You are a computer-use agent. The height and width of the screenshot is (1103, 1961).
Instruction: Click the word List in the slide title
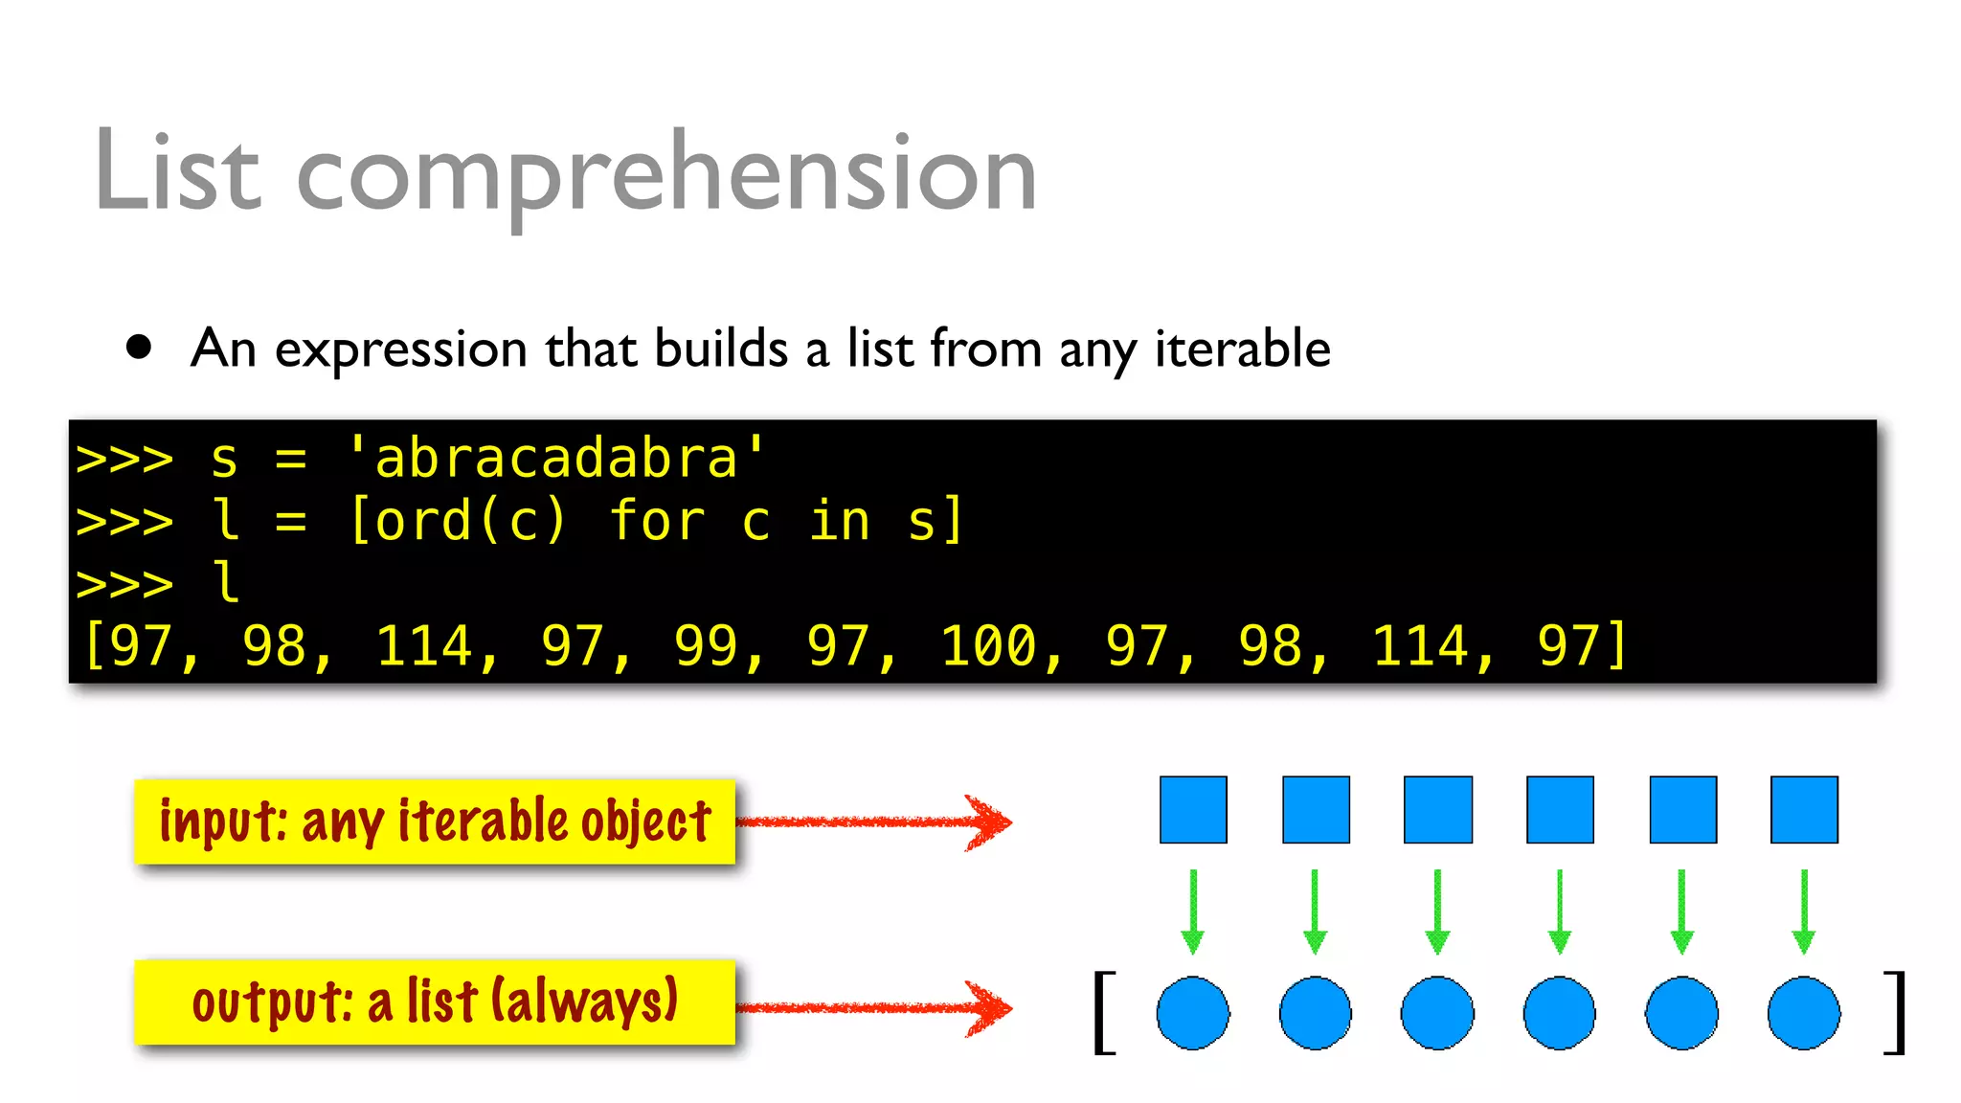coord(178,172)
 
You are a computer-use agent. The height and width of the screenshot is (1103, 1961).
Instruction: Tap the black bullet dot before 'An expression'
coord(139,347)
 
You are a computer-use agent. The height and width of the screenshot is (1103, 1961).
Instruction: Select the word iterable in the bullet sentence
coord(1242,348)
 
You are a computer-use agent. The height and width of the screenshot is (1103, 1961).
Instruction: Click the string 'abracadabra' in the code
coord(556,458)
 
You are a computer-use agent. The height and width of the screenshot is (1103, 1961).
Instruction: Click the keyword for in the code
coord(658,521)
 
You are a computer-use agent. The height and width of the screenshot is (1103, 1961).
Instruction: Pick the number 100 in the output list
coord(989,645)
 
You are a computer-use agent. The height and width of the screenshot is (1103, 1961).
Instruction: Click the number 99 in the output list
coord(707,645)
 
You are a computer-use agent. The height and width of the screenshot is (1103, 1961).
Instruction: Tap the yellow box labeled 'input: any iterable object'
coord(435,822)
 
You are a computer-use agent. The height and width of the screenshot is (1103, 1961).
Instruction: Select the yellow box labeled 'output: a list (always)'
coord(435,1002)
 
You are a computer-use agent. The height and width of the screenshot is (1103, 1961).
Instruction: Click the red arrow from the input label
coord(873,822)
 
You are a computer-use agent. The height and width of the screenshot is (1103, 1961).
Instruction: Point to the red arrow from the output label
coord(873,1007)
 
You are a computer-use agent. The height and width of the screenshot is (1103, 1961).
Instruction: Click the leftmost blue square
coord(1193,810)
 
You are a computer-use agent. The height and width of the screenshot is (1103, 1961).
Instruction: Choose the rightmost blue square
coord(1804,810)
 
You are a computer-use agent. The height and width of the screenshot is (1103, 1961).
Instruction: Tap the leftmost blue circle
coord(1193,1013)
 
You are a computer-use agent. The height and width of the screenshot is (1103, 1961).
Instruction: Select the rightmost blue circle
coord(1804,1013)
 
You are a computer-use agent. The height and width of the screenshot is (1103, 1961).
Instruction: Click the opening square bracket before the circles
coord(1104,1012)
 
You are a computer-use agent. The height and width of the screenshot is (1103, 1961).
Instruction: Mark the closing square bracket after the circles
coord(1895,1012)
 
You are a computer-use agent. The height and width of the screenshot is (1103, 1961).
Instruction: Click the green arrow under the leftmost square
coord(1193,912)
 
